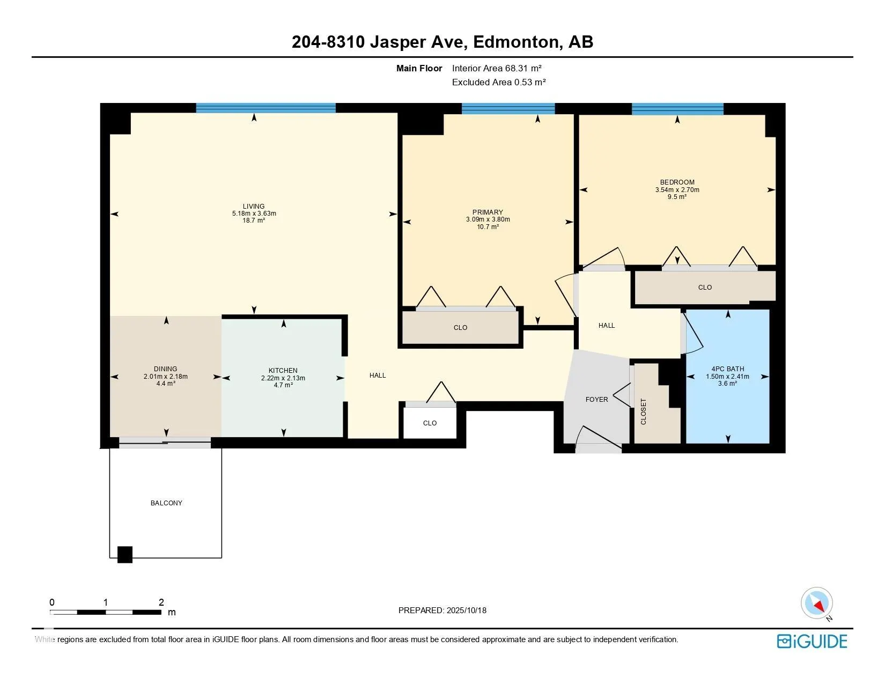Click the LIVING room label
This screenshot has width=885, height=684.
[254, 207]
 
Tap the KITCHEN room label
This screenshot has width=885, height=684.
[283, 371]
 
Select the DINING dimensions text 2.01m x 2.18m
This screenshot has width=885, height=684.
[166, 377]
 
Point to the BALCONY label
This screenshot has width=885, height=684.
[167, 503]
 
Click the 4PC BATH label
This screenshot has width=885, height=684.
[728, 369]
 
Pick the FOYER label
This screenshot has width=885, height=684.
[596, 400]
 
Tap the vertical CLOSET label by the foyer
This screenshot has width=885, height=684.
[644, 411]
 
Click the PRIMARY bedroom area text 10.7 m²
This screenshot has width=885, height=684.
[488, 226]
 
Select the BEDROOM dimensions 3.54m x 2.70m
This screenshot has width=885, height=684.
[677, 190]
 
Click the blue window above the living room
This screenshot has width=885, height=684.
[266, 108]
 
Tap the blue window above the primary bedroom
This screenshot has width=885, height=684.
[508, 108]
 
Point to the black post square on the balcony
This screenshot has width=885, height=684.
[125, 555]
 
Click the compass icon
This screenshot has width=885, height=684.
[816, 604]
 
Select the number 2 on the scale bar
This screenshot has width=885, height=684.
[161, 602]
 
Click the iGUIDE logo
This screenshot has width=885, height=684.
[812, 641]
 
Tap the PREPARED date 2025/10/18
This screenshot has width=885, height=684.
[467, 611]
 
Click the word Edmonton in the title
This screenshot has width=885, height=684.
[516, 42]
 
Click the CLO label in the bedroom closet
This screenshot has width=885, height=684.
[705, 288]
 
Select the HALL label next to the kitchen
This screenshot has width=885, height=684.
[378, 376]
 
